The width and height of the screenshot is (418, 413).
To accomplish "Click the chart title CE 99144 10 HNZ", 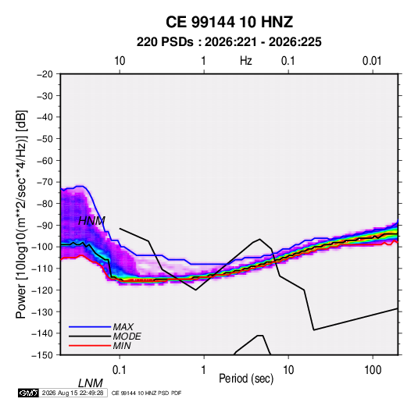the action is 229,22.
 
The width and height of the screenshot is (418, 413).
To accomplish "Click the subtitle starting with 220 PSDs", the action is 229,42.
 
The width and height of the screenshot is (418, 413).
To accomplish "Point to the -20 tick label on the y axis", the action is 45,74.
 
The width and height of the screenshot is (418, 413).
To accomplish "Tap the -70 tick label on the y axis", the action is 45,182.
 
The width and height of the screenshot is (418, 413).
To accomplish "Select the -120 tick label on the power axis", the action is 42,290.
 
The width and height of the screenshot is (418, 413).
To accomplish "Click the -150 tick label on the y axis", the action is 42,355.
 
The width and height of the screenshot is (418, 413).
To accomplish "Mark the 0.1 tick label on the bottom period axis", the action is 119,370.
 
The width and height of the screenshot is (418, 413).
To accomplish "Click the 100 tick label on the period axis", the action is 373,370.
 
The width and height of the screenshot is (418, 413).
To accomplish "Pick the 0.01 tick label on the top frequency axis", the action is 372,61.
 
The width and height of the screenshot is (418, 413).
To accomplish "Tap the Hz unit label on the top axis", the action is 246,61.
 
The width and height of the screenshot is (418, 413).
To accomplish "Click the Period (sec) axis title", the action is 246,379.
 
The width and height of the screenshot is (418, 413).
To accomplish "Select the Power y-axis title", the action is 21,215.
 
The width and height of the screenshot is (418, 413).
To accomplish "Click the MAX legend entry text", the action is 123,327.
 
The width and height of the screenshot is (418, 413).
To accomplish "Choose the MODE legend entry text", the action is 127,336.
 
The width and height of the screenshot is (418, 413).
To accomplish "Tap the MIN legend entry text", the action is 122,346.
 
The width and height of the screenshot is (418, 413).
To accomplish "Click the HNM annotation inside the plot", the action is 91,221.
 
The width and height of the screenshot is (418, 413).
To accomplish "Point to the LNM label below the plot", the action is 91,383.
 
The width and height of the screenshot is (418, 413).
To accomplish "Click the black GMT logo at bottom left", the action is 29,393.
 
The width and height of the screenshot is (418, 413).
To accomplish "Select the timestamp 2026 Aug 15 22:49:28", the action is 73,393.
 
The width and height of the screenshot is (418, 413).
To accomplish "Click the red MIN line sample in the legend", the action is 90,346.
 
